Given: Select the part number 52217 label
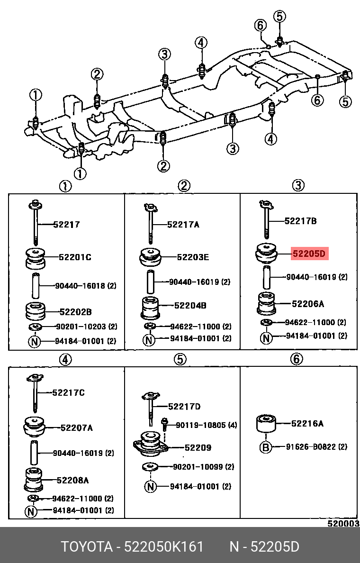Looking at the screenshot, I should [66, 225].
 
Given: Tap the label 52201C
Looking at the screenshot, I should [75, 257].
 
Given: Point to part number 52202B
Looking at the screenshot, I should [75, 312].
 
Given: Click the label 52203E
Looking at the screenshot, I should [193, 257].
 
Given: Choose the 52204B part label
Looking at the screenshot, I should [190, 306].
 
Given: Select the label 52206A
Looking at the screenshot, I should [308, 304].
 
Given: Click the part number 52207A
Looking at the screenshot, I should [76, 428].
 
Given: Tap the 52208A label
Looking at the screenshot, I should [72, 480].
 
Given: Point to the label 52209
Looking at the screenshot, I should [198, 447].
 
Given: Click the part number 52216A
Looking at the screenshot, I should [307, 424].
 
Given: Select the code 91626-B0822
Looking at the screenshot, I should [316, 446].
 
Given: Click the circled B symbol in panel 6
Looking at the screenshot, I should [266, 447].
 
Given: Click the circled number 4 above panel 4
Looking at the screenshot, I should [65, 361].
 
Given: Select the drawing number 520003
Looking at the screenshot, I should [343, 524].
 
